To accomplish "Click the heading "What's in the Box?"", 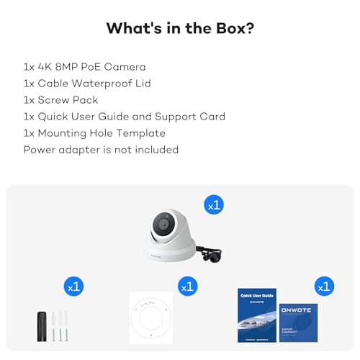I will coord(179,28).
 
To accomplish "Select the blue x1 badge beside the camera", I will coord(214,204).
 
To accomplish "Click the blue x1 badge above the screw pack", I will coord(73,286).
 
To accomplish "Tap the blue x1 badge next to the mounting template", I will coord(187,286).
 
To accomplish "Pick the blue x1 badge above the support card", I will coord(324,286).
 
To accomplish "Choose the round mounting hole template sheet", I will coord(151,318).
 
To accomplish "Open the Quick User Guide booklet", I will coord(257,315).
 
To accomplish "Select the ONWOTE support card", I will coord(298,322).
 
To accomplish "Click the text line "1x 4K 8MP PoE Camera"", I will coord(85,66).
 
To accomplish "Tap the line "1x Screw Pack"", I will coord(60,100).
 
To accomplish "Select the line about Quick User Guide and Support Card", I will coord(124,117).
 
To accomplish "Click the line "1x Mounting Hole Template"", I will coord(94,133).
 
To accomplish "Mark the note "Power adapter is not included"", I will coord(101,150).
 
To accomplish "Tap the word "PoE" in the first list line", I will coord(94,66).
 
